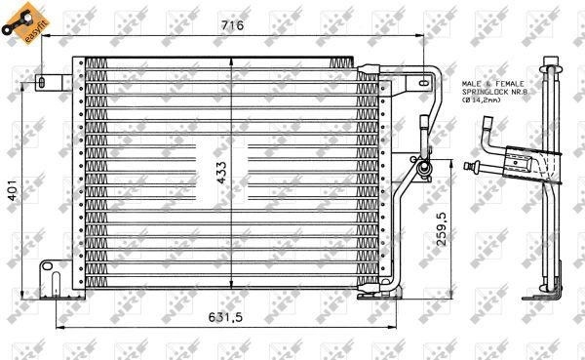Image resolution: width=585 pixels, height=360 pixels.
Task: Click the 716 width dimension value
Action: click(x=232, y=25)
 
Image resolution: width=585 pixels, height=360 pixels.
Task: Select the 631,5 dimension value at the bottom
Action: click(x=225, y=317)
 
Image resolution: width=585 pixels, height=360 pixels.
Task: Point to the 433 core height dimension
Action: click(x=221, y=173)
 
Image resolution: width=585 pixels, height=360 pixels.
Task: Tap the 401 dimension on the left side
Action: click(x=13, y=189)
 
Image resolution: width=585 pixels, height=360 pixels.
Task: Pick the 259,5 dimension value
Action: click(x=442, y=229)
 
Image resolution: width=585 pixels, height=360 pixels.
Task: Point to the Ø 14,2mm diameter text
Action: click(x=482, y=100)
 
